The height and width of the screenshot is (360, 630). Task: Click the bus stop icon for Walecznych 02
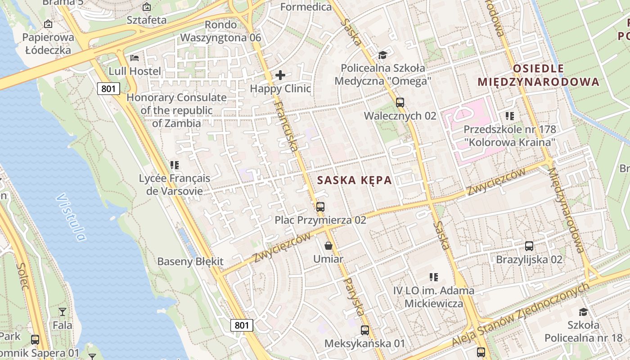(400, 102)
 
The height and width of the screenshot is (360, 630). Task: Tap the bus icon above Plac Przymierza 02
(320, 207)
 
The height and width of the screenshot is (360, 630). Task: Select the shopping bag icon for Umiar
(328, 246)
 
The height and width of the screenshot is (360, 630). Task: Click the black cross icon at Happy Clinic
(280, 75)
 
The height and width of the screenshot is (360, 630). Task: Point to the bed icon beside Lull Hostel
(135, 58)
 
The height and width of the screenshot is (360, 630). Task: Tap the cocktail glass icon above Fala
(62, 311)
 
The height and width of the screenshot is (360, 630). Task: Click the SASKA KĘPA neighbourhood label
(354, 180)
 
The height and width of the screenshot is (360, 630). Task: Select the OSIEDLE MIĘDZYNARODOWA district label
(538, 75)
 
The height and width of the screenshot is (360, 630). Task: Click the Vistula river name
(71, 217)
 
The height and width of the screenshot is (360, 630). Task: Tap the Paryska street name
(354, 297)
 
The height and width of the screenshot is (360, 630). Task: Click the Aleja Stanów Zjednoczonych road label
(520, 315)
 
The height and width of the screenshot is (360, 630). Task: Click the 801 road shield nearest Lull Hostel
(108, 89)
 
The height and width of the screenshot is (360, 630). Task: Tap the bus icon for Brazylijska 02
(529, 246)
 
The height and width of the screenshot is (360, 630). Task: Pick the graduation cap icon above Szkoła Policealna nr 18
(583, 312)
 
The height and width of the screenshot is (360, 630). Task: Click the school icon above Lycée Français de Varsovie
(175, 165)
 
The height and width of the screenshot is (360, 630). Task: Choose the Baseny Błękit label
(190, 261)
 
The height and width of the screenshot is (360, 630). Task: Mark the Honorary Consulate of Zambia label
(176, 110)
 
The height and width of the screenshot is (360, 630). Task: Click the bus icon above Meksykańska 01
(365, 330)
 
